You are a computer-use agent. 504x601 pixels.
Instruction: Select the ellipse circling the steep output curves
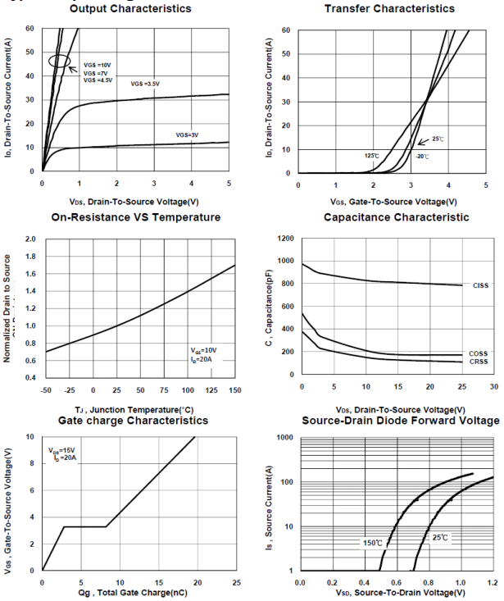[x=58, y=61]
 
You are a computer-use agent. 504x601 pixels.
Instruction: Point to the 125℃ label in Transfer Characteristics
[x=372, y=156]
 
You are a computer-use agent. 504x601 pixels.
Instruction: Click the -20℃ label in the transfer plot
[x=421, y=156]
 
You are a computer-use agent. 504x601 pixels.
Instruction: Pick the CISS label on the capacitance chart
[x=480, y=285]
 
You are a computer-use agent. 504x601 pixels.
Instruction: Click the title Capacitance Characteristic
[x=397, y=217]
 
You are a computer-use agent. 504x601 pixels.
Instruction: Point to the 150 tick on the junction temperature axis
[x=235, y=390]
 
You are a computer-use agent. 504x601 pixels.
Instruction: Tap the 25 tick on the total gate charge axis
[x=236, y=582]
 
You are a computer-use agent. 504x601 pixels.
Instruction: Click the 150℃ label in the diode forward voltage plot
[x=373, y=543]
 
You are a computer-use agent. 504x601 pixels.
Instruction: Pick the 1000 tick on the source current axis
[x=284, y=438]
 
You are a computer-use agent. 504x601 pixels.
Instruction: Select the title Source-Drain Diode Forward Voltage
[x=400, y=421]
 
